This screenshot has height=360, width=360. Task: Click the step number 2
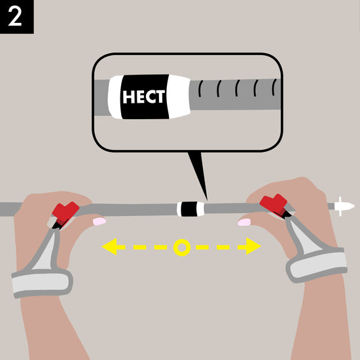click(x=15, y=17)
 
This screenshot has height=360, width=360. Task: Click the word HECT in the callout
click(x=144, y=97)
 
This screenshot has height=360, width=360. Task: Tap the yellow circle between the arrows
click(x=182, y=247)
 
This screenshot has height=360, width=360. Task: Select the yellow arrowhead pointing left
click(x=109, y=247)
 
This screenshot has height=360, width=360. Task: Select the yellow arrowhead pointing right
click(x=253, y=246)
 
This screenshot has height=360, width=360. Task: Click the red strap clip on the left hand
click(x=65, y=212)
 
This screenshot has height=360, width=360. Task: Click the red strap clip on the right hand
click(x=274, y=204)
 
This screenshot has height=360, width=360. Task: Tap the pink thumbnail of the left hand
click(x=99, y=221)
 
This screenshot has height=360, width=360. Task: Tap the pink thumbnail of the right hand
click(x=244, y=223)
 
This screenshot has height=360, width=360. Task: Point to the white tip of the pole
click(x=344, y=206)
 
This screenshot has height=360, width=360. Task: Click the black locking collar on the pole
click(x=189, y=209)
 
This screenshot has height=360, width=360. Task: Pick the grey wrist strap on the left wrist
click(x=42, y=282)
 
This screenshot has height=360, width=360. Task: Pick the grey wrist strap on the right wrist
click(x=317, y=264)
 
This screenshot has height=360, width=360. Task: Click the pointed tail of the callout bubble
click(x=207, y=199)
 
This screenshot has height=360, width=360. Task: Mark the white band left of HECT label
click(x=115, y=97)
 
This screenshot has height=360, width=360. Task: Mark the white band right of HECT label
click(x=179, y=96)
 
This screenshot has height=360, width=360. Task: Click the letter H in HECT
click(x=128, y=97)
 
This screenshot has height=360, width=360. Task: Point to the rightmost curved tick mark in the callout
click(x=274, y=87)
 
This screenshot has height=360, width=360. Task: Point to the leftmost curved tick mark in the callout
click(x=200, y=88)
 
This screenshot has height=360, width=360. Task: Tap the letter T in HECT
click(x=161, y=96)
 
